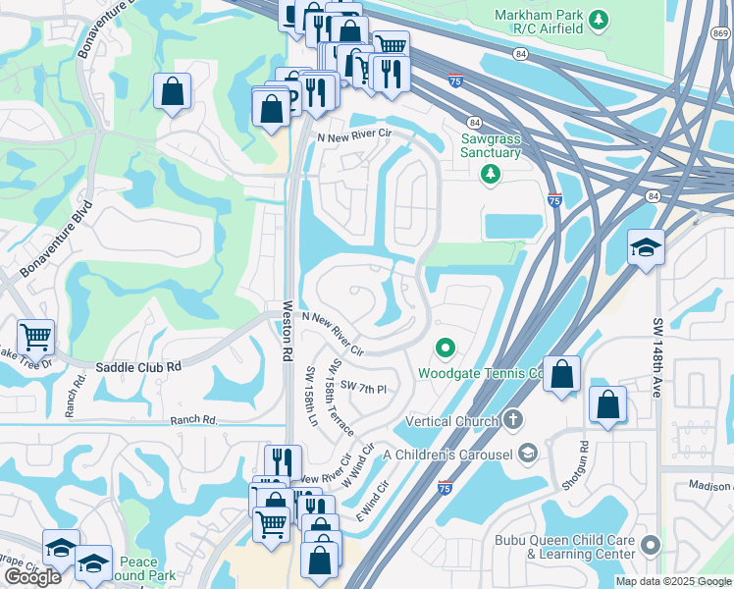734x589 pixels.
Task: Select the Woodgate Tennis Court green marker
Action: pos(445,348)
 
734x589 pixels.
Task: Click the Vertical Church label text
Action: pos(451,421)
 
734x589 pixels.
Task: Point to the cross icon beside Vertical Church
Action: pos(512,420)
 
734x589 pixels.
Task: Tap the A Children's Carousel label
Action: pos(449,454)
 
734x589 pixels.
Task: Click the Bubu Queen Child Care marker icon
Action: pos(649,544)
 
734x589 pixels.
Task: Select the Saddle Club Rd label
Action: pos(138,367)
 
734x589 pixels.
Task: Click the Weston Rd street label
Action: pos(288,332)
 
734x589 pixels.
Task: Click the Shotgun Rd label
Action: pos(583,460)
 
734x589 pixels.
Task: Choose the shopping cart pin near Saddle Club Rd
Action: pos(35,338)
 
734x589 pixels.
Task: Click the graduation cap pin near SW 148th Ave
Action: pos(646,247)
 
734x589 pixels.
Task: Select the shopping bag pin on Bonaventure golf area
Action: pos(172,92)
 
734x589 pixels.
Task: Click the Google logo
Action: pos(32,577)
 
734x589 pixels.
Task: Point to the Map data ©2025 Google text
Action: pos(672,581)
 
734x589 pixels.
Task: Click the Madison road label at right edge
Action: pos(709,485)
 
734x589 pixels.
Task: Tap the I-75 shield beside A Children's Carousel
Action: pos(446,488)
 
